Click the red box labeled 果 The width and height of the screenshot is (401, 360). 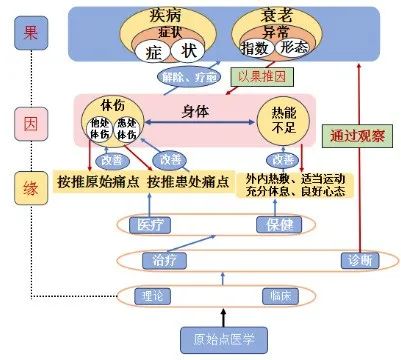click(30, 32)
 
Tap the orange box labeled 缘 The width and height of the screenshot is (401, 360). click(30, 185)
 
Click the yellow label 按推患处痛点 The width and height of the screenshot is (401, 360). click(186, 182)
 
